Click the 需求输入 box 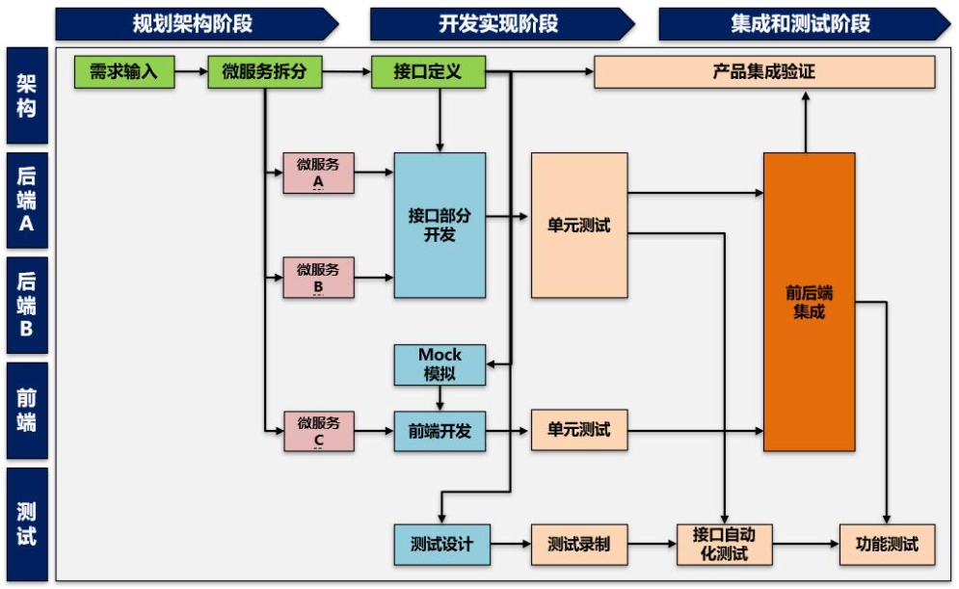[124, 72]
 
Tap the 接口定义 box [428, 72]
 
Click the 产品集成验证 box [764, 72]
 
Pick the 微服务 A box [318, 173]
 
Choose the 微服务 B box [318, 278]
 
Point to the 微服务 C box [318, 431]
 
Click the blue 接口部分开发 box [440, 225]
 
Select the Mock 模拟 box [440, 364]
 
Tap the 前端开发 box [440, 431]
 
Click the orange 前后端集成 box [809, 302]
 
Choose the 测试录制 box [578, 544]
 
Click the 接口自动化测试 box [725, 544]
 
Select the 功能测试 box [887, 544]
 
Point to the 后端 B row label [27, 305]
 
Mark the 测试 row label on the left [27, 523]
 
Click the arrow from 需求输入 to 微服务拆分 [191, 72]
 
